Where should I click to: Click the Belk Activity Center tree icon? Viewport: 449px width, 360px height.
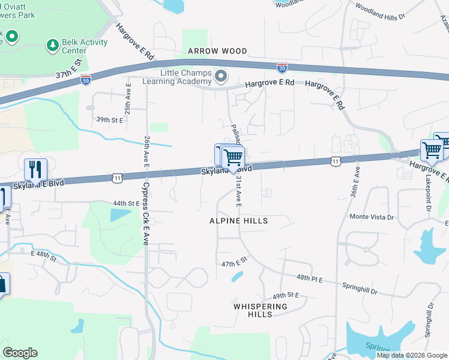tap(53, 45)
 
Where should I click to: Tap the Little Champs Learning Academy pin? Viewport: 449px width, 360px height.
tap(221, 76)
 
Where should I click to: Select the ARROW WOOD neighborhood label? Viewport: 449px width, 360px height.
tap(217, 52)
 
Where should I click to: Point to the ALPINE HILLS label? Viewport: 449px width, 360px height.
tap(238, 221)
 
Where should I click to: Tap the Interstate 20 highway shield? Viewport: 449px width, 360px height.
tap(282, 68)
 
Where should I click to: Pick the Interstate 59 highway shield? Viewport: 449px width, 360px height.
tap(86, 80)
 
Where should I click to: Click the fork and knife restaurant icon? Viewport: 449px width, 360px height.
tap(35, 170)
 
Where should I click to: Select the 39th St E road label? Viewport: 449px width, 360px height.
tap(109, 120)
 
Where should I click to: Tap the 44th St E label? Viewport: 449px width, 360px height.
tap(125, 204)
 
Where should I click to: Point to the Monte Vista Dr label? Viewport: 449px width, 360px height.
tap(372, 217)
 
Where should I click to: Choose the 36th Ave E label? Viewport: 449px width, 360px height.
tap(356, 181)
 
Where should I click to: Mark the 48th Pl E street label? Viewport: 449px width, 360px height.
tap(309, 278)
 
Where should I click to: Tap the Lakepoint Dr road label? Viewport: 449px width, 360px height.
tap(429, 191)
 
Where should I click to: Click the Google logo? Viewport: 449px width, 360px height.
tap(20, 353)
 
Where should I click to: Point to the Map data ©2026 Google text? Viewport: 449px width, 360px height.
tap(412, 355)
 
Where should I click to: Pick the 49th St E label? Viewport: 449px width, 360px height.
tap(286, 296)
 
